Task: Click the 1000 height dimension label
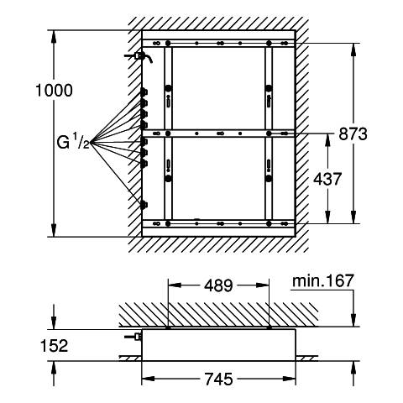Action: (54, 91)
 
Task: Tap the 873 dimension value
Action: (353, 133)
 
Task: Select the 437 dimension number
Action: (327, 179)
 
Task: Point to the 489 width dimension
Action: (218, 285)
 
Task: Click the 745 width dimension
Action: (218, 379)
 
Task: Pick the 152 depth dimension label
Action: (55, 346)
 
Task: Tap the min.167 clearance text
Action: (323, 280)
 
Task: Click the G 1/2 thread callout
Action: (73, 142)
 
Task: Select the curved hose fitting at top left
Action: (139, 56)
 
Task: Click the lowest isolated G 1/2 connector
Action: (144, 205)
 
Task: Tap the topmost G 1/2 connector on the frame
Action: (144, 92)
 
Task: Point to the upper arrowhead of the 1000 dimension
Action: (54, 37)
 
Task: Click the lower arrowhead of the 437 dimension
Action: (327, 217)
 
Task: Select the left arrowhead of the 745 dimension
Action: (148, 379)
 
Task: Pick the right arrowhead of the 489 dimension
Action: (262, 285)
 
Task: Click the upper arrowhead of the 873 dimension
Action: (353, 50)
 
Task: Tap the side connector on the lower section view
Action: (133, 337)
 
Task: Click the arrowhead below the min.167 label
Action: (353, 320)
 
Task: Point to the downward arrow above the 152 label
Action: (54, 317)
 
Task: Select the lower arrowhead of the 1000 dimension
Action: (54, 230)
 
